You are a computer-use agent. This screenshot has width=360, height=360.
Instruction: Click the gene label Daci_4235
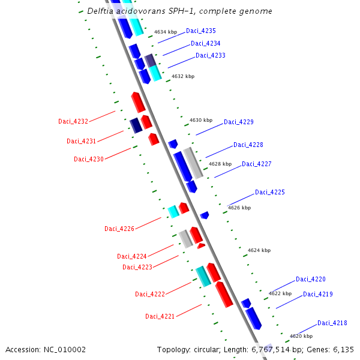pyautogui.click(x=201, y=31)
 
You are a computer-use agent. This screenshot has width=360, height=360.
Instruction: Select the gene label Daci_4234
pyautogui.click(x=206, y=43)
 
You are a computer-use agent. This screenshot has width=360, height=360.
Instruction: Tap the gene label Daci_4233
pyautogui.click(x=211, y=56)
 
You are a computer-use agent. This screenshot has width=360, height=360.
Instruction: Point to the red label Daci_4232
pyautogui.click(x=73, y=121)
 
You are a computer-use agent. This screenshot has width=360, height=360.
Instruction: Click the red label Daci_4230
pyautogui.click(x=89, y=159)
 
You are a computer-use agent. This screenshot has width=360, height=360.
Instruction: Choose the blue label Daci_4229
pyautogui.click(x=239, y=122)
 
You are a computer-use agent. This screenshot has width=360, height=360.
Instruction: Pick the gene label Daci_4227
pyautogui.click(x=257, y=164)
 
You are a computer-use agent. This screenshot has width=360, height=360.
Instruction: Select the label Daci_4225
pyautogui.click(x=270, y=192)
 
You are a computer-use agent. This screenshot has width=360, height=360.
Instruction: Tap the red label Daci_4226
pyautogui.click(x=119, y=229)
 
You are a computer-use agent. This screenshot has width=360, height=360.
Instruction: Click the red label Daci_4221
pyautogui.click(x=160, y=316)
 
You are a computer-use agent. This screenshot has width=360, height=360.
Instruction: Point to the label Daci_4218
pyautogui.click(x=332, y=323)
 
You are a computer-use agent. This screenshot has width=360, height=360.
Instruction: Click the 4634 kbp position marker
pyautogui.click(x=166, y=32)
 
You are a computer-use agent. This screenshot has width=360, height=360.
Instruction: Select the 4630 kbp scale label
pyautogui.click(x=201, y=120)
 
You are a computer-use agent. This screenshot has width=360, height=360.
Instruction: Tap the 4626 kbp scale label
pyautogui.click(x=239, y=208)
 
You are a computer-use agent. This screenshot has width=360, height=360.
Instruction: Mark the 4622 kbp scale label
pyautogui.click(x=280, y=293)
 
